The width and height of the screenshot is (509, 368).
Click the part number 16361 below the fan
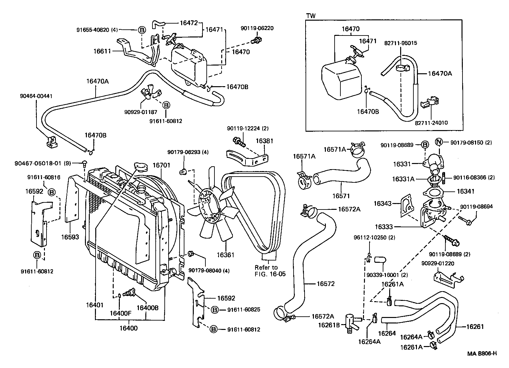[225, 255]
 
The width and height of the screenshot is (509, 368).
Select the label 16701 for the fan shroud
[161, 165]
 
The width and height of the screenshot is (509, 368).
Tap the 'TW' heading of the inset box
[311, 16]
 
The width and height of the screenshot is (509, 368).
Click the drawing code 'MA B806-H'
[482, 353]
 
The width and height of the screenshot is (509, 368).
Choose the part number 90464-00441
[36, 96]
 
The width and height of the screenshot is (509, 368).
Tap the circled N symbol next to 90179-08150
[439, 142]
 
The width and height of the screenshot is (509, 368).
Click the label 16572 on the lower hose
[326, 284]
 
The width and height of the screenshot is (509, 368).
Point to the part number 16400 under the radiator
[129, 328]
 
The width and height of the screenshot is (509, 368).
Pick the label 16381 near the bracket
[265, 141]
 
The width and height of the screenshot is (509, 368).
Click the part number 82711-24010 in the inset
[431, 123]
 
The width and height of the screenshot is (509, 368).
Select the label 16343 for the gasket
[383, 203]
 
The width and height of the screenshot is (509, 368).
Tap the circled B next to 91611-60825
[214, 310]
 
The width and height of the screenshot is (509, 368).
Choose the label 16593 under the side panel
[70, 237]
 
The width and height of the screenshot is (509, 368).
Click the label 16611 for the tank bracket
[102, 51]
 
